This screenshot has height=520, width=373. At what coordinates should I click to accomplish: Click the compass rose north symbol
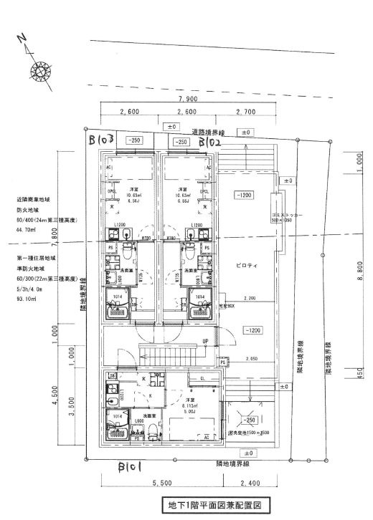pyautogui.click(x=38, y=69)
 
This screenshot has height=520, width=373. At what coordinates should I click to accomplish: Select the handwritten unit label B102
pyautogui.click(x=209, y=143)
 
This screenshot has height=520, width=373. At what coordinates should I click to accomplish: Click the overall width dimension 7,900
pyautogui.click(x=188, y=98)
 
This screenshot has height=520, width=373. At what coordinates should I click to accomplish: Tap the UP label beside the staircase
pyautogui.click(x=206, y=341)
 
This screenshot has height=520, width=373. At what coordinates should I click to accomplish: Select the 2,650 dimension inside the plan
pyautogui.click(x=250, y=358)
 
